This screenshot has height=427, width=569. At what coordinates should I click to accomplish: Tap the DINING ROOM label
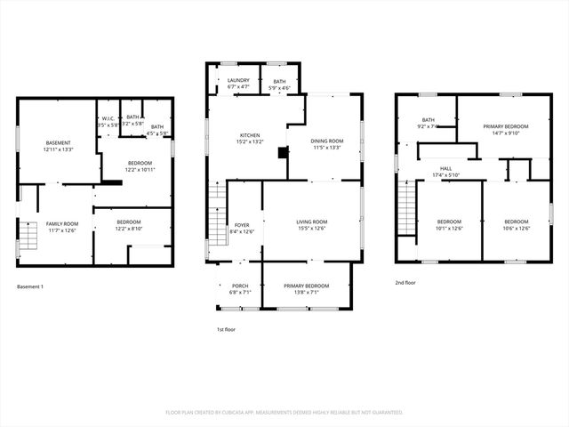click(x=327, y=141)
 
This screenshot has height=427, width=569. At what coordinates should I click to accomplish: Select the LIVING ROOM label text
click(x=312, y=222)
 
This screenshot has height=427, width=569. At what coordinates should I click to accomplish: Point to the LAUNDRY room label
click(x=238, y=81)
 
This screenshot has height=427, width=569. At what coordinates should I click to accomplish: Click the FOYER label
click(x=242, y=225)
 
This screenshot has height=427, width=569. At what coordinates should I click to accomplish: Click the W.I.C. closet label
click(x=108, y=119)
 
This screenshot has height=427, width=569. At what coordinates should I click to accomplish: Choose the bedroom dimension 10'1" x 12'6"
click(x=449, y=228)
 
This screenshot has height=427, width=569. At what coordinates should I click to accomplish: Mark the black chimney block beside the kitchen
click(x=284, y=152)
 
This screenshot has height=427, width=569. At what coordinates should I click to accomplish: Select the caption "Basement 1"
click(x=30, y=286)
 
